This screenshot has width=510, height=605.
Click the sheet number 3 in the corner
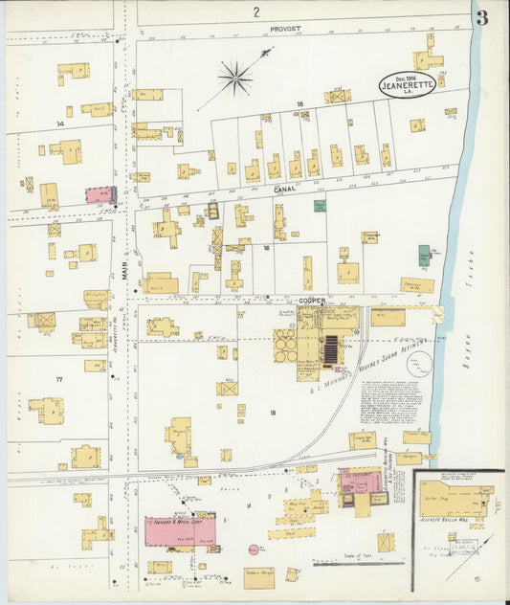coord(481,16)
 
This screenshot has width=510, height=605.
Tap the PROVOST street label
coord(284,30)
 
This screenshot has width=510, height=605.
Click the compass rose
coord(235,77)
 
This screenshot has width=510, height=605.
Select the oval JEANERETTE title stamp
coord(409,84)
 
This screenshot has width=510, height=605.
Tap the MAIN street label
coord(123,272)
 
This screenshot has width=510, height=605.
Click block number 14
coord(59,123)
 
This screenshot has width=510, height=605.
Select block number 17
coord(58,380)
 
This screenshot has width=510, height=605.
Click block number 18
coord(273,412)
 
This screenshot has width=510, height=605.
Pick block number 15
coord(299,102)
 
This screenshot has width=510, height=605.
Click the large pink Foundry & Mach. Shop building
coord(181,529)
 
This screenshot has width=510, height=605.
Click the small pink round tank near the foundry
coord(254,549)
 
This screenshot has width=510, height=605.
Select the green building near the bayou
coord(424,256)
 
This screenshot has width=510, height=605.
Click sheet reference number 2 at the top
coord(256,11)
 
